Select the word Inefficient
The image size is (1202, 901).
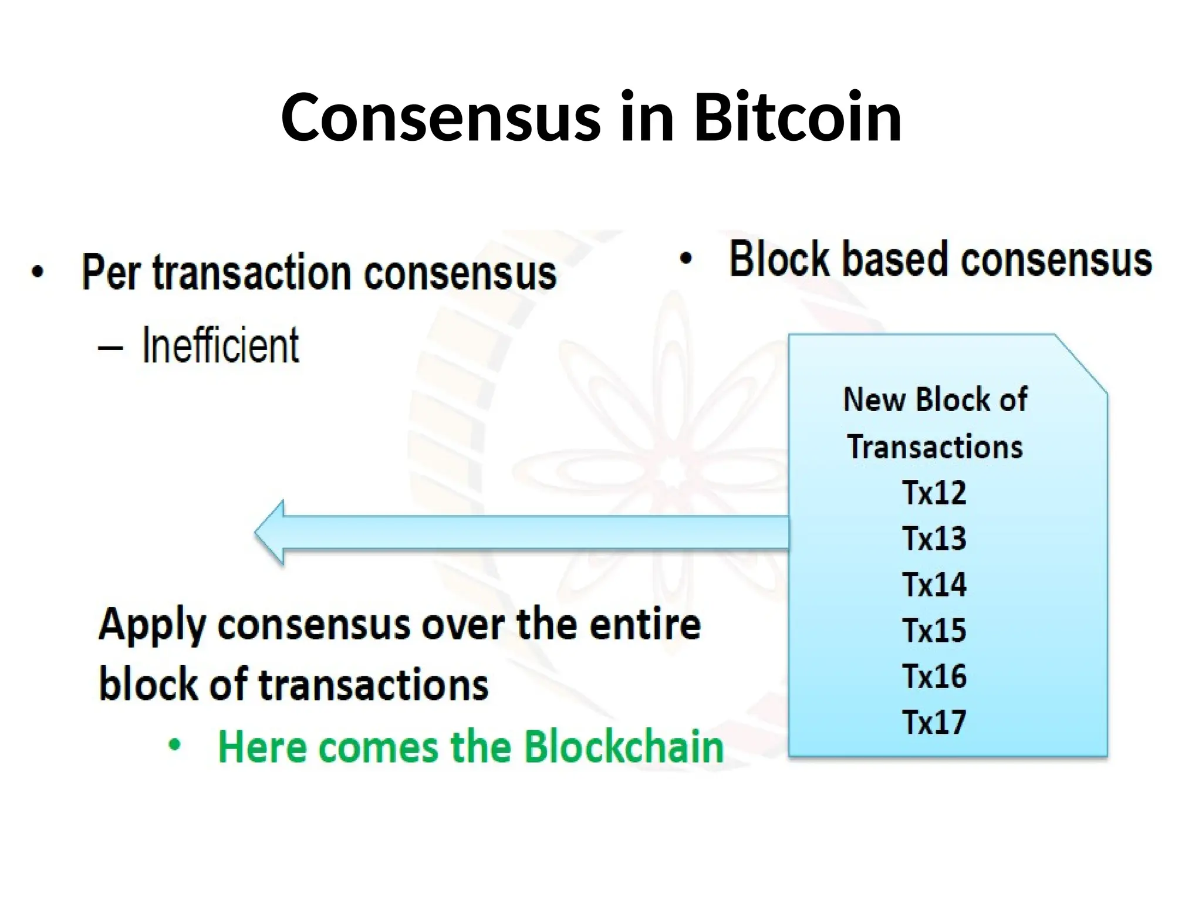(x=221, y=346)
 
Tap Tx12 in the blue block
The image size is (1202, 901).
(x=934, y=493)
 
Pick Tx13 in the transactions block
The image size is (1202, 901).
(x=934, y=538)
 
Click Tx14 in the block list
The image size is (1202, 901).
(x=934, y=585)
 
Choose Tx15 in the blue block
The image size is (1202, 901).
(x=934, y=631)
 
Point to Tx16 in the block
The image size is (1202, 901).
(x=934, y=676)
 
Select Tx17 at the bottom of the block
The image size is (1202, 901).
(x=934, y=722)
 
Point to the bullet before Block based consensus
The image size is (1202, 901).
(x=686, y=259)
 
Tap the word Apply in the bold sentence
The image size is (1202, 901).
(x=152, y=625)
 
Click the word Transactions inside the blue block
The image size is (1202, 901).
(x=934, y=447)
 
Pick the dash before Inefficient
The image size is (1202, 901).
(x=110, y=348)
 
